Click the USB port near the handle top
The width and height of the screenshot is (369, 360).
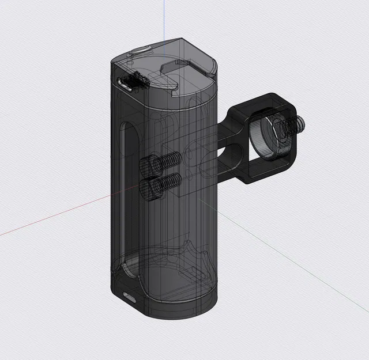click(x=124, y=85)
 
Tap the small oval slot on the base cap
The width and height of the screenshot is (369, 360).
click(x=129, y=298)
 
